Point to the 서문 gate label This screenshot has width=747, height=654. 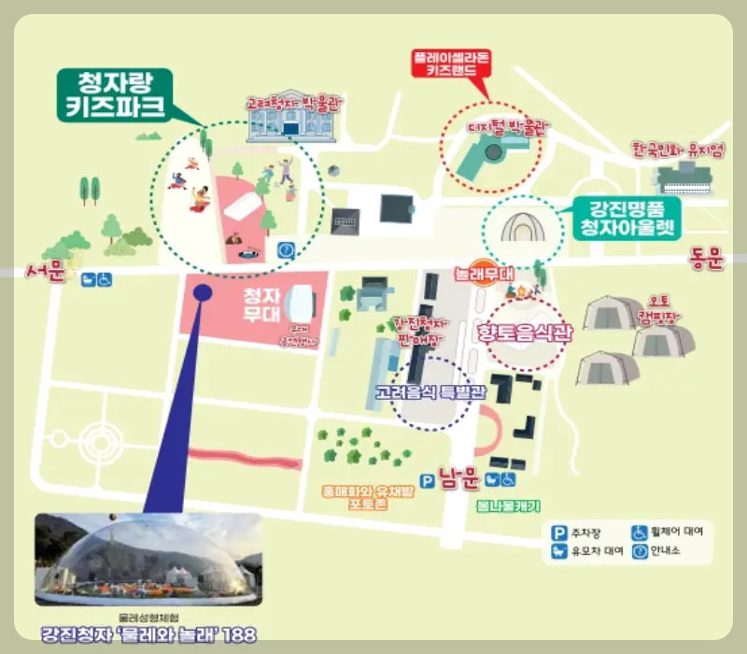46,273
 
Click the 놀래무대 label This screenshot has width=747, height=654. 483,275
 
